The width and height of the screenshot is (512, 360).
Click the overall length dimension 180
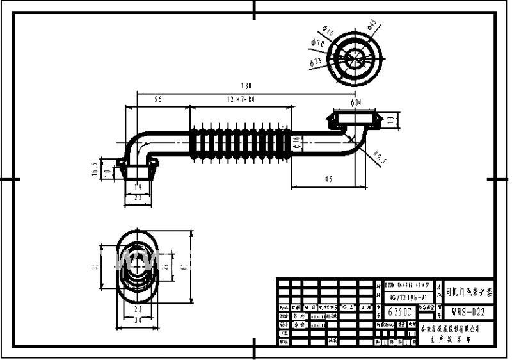coord(246,85)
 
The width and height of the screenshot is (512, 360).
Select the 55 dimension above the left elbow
coord(158,99)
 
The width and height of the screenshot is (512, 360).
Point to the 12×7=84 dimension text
coord(240,99)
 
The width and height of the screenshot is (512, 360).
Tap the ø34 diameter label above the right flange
coord(356,102)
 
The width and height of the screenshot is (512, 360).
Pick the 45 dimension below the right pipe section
coord(328,180)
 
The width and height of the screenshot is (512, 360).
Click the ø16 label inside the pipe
coord(296,143)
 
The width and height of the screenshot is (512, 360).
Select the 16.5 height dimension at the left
coord(95,168)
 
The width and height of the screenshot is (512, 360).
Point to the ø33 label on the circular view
coord(315,61)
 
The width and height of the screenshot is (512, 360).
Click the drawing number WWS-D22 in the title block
coord(469,311)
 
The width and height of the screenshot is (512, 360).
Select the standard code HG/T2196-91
coord(408,297)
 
